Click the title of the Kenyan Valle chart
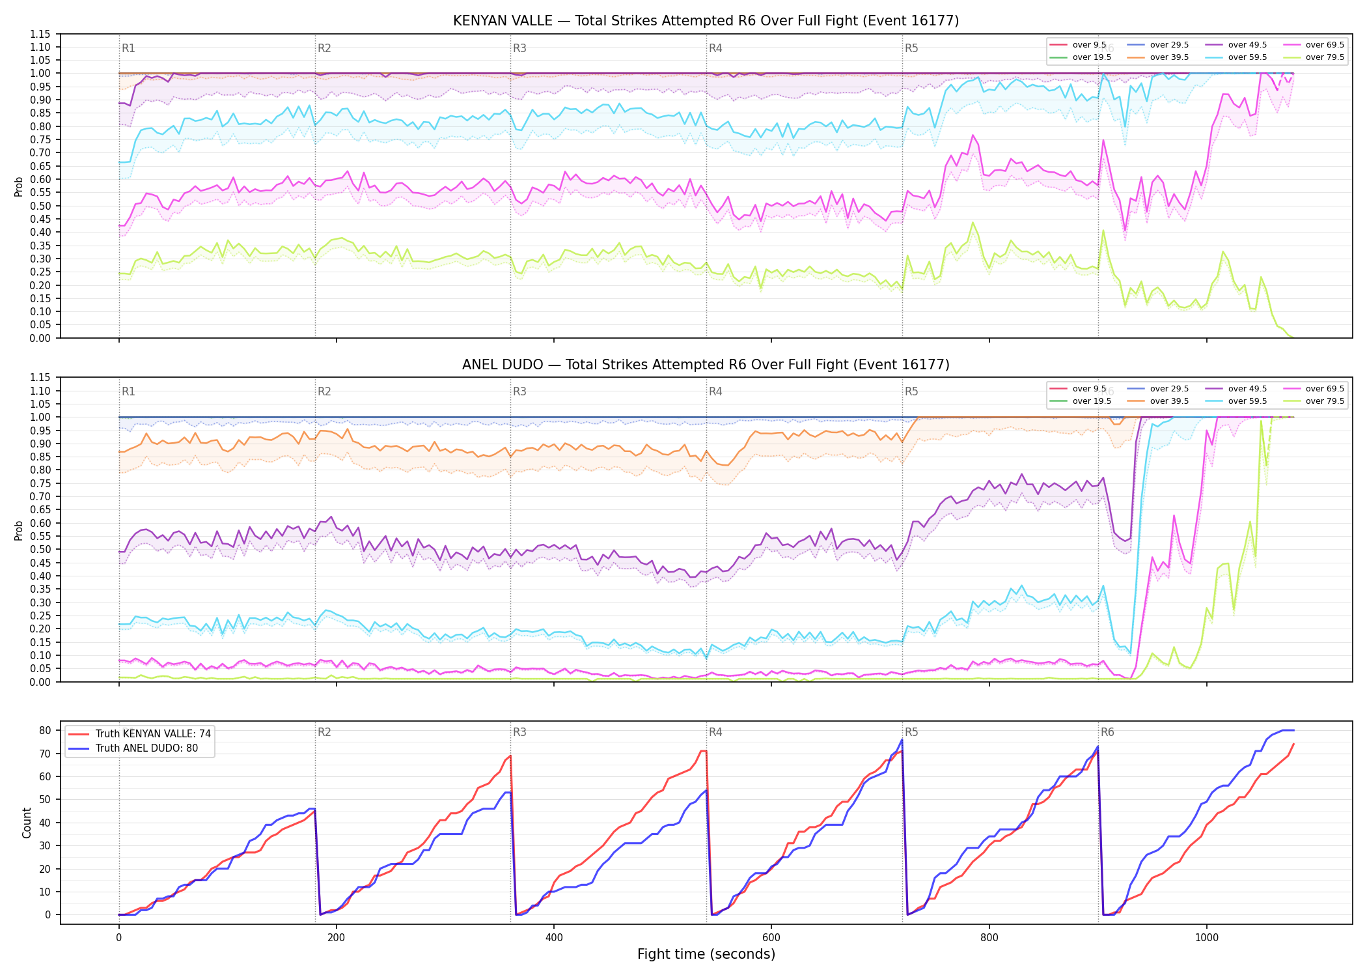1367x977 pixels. pos(706,21)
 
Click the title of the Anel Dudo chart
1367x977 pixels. pos(706,365)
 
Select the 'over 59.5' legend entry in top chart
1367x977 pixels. pos(1236,57)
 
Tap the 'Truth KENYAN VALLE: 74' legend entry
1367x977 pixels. pos(139,733)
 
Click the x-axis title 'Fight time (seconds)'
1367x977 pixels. pos(706,954)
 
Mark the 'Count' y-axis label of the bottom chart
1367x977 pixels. pos(27,823)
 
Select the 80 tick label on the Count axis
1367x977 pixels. pos(45,730)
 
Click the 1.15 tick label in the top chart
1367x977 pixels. pos(40,34)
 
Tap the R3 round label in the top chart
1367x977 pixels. pos(519,48)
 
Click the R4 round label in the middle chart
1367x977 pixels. pos(715,391)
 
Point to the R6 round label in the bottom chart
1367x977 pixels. pos(1107,732)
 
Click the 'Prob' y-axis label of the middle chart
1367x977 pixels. pos(19,530)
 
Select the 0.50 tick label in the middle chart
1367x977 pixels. pos(40,550)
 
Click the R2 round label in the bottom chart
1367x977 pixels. pos(324,732)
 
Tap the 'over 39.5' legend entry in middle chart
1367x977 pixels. pos(1158,401)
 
